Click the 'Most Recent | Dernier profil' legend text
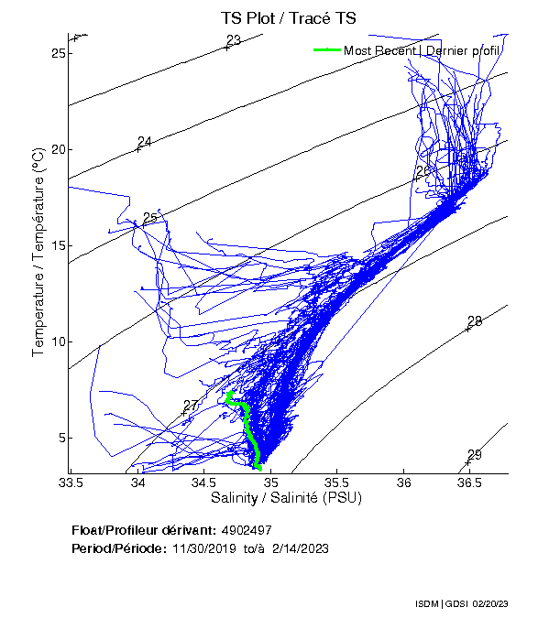(x=422, y=50)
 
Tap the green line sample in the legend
(x=326, y=50)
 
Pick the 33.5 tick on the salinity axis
(x=71, y=482)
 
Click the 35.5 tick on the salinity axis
(x=336, y=482)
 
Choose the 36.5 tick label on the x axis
(x=468, y=482)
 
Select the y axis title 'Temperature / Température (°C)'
(x=38, y=254)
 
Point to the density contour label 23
(x=233, y=40)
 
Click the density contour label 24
(x=144, y=142)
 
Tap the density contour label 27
(x=191, y=406)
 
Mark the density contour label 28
(x=474, y=321)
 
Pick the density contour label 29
(x=474, y=455)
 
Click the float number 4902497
(x=247, y=530)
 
